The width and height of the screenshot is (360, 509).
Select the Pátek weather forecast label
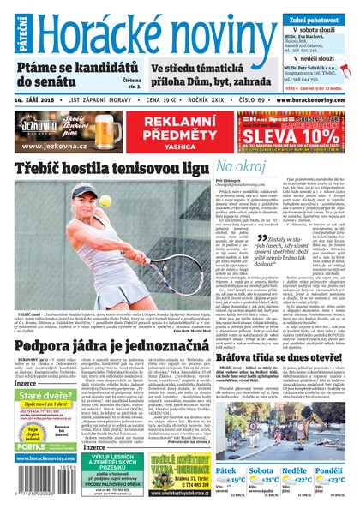[227, 470]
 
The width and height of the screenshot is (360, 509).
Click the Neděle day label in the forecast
[296, 470]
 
